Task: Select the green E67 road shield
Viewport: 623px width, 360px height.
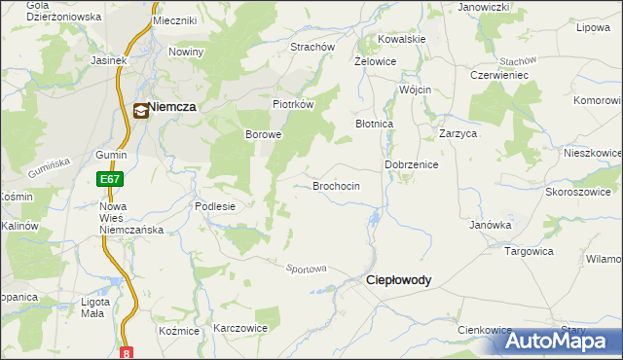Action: (109, 180)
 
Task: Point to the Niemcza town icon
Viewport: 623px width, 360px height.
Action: (141, 111)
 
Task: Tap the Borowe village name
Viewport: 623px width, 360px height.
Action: (263, 134)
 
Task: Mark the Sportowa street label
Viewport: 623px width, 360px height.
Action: (306, 269)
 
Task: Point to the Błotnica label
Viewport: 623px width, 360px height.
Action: (374, 125)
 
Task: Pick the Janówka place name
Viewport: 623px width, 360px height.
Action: (491, 225)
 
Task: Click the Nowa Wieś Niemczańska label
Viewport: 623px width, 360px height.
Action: (130, 218)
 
